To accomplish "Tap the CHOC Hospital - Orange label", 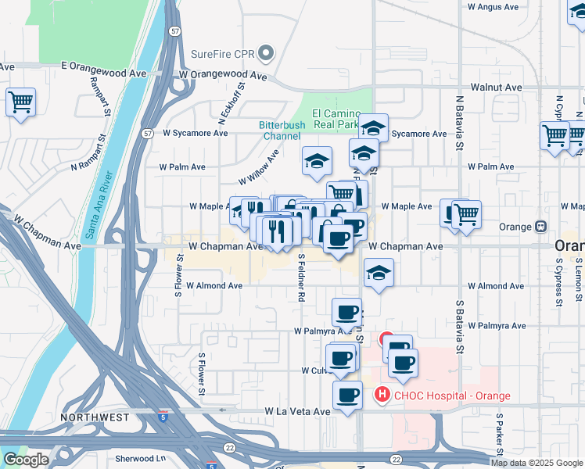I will point(452,396).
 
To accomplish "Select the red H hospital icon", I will point(382,395).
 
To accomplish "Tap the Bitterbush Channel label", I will point(281,131).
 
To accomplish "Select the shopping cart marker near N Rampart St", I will point(20,102).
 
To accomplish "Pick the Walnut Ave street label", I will point(496,88).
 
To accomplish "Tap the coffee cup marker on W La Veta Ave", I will point(347,395).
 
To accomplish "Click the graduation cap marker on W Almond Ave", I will point(379,273).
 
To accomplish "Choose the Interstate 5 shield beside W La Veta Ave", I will point(163,409).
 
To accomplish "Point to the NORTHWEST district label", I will point(95,417).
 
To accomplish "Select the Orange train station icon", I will point(540,227).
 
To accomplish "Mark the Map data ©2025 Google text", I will point(537,463).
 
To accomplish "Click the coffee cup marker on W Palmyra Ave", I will point(346,312).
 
